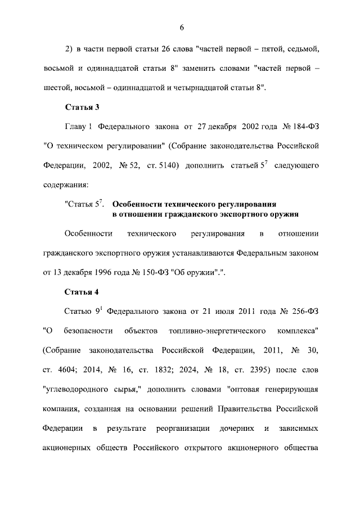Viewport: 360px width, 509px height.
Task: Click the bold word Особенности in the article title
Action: point(137,204)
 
